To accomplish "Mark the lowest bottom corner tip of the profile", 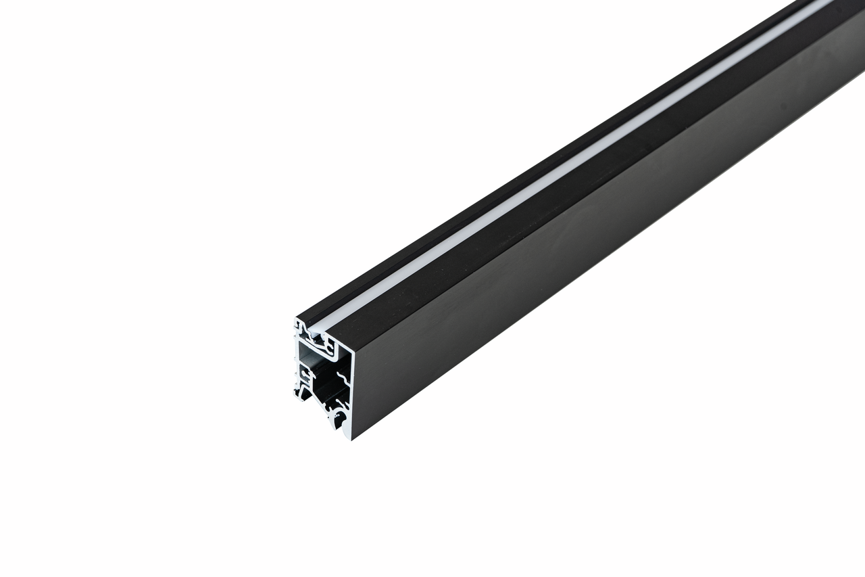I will tap(351, 439).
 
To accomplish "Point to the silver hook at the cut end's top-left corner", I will tap(300, 325).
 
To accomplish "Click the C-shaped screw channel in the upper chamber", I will tap(329, 348).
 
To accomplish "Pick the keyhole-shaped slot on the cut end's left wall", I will tap(303, 372).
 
